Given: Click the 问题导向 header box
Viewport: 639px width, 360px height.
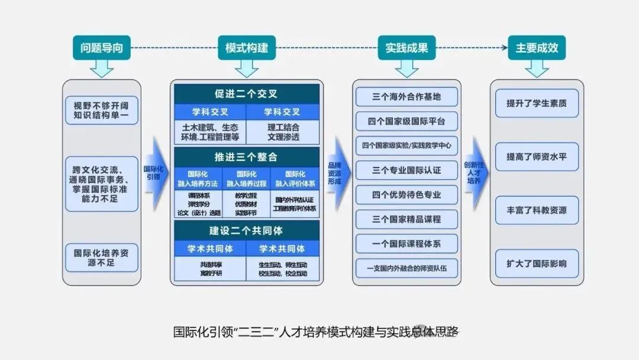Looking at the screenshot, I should [101, 47].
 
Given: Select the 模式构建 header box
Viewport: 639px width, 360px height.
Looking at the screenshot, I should [247, 47].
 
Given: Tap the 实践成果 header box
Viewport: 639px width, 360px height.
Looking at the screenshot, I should [406, 47].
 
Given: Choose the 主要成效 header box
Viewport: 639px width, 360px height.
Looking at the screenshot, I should [537, 47].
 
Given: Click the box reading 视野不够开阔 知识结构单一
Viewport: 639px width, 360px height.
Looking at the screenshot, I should [101, 111].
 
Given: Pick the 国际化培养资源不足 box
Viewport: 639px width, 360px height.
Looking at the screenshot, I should [101, 257].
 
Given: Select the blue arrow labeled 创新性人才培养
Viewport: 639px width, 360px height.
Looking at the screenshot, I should [476, 172].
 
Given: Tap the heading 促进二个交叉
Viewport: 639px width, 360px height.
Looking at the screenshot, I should [246, 94].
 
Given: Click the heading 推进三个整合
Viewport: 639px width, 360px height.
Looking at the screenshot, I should [246, 157].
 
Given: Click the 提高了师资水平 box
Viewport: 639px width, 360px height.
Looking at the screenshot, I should [537, 157].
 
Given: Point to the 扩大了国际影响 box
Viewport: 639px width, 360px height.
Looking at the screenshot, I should [537, 263].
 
